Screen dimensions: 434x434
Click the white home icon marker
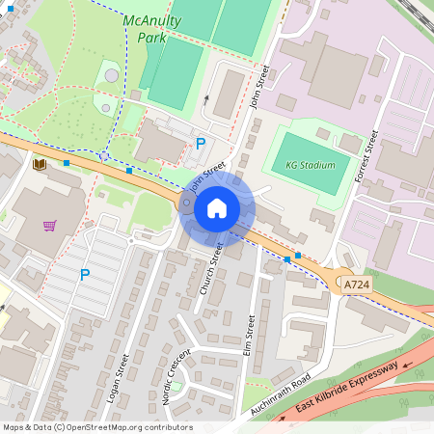217,208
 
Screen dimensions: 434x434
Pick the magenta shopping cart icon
49,225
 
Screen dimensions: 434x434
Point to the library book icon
40,165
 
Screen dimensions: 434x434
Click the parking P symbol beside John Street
201,144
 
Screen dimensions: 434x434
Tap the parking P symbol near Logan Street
85,275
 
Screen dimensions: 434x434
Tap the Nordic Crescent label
176,377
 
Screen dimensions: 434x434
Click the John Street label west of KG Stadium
259,87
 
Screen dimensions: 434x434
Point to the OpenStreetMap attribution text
96,427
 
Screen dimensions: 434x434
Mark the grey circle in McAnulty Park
112,74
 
